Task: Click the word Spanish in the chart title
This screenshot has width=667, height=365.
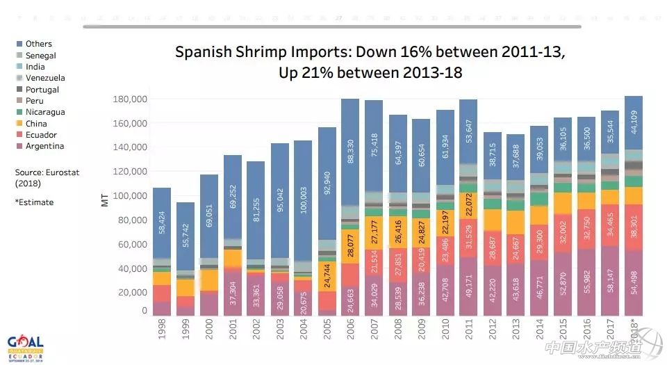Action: click(x=201, y=52)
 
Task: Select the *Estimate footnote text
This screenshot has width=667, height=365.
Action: click(x=34, y=202)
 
